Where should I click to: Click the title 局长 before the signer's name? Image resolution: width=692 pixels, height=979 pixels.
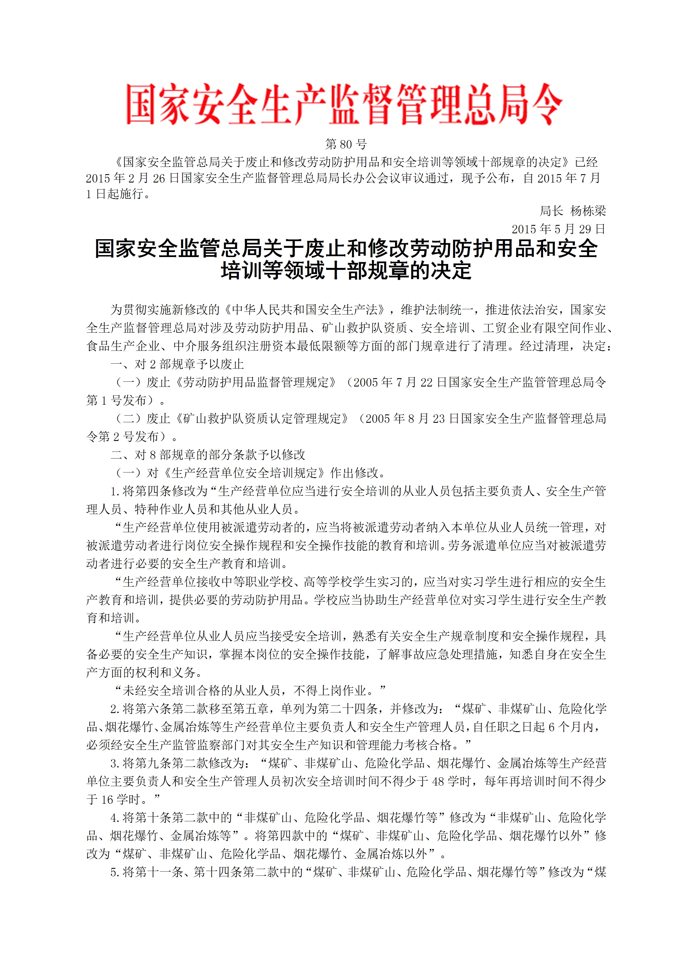pyautogui.click(x=551, y=211)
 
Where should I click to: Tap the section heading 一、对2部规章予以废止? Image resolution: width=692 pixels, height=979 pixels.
pyautogui.click(x=177, y=364)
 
